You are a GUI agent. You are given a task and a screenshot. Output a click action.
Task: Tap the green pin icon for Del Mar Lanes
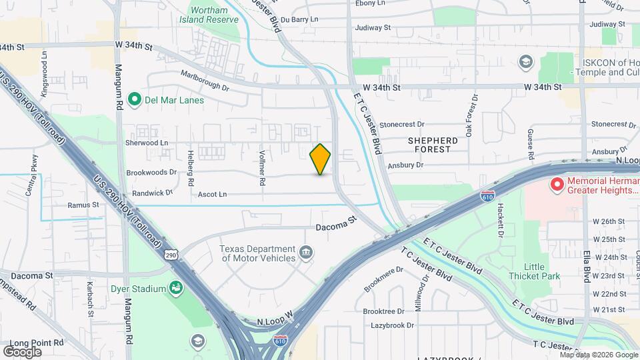[x=134, y=100]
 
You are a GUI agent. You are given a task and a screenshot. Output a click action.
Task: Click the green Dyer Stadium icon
[x=176, y=289]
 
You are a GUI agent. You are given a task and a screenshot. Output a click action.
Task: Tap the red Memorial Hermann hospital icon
[x=557, y=183]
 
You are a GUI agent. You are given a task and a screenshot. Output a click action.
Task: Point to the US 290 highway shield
[x=171, y=255]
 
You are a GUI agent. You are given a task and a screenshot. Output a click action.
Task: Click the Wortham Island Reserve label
[x=214, y=15]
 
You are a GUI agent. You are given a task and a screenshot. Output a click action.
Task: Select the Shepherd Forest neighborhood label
[x=433, y=145]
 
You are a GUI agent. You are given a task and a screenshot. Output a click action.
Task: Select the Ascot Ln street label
[x=212, y=195]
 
